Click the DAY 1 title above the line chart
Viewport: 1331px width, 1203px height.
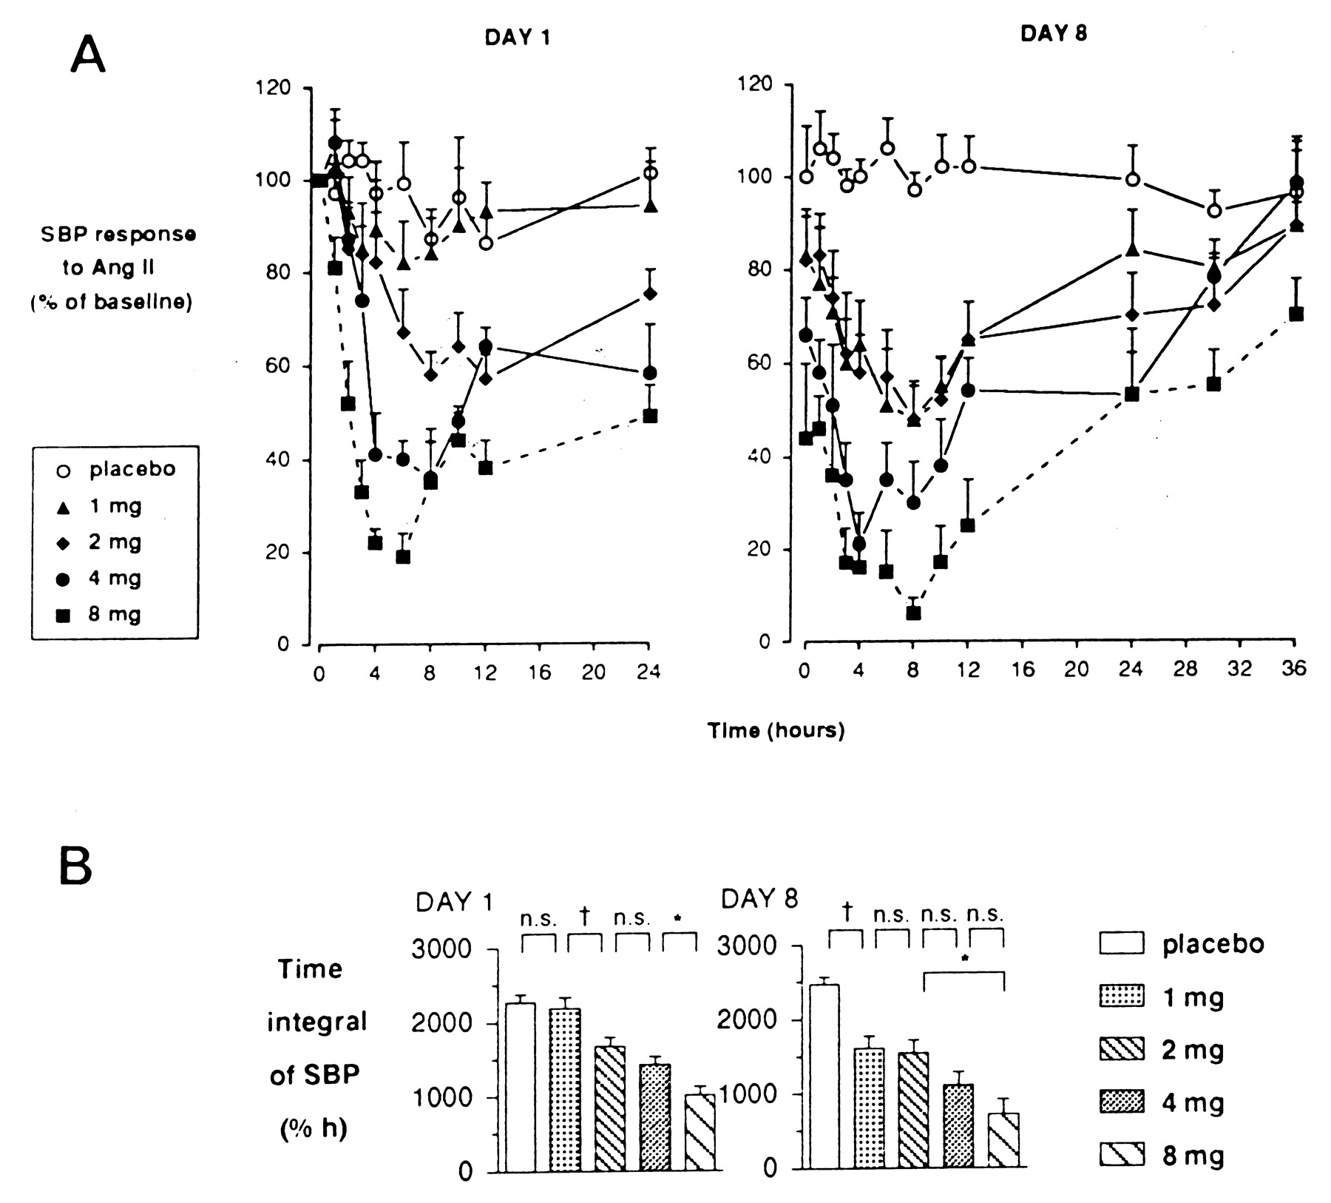coord(518,38)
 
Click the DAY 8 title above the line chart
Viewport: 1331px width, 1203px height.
coord(1053,33)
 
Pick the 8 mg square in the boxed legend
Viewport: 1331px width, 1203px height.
coord(64,615)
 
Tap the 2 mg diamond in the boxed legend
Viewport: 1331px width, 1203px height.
coord(64,543)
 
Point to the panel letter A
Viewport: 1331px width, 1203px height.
coord(88,55)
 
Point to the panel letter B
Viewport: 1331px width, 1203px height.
coord(75,867)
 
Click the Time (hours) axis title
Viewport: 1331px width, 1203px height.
coord(776,730)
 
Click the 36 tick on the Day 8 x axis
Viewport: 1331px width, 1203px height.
coord(1294,669)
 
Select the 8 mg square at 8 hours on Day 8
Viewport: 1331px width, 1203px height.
coord(913,613)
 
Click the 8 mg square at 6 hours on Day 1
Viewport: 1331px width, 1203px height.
coord(403,556)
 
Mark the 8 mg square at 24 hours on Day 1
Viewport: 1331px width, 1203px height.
coord(650,416)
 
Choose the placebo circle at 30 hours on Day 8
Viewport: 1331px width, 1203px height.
coord(1213,211)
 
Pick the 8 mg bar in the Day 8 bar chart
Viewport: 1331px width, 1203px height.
coord(1003,1140)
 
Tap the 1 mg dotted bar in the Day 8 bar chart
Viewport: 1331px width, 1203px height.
coord(869,1108)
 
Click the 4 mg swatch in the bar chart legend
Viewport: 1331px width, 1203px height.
coord(1122,1102)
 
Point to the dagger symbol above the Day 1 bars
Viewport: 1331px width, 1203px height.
coord(584,917)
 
